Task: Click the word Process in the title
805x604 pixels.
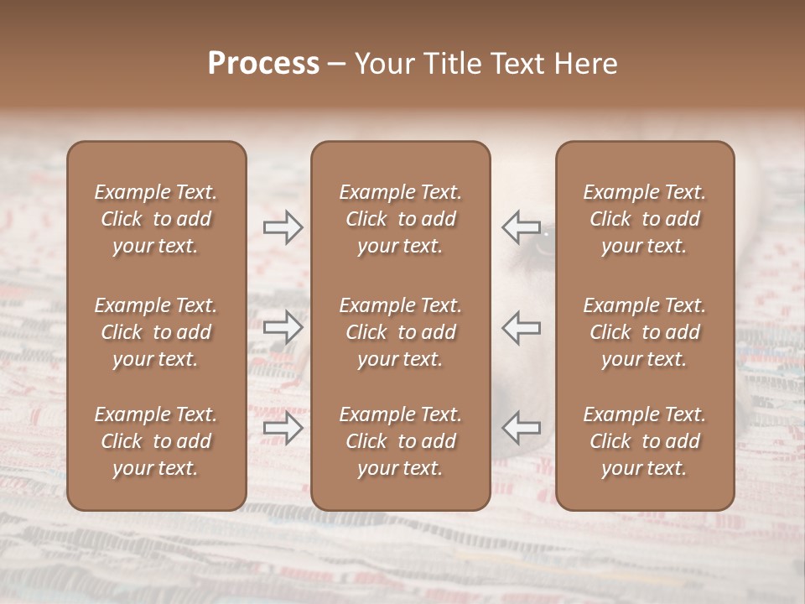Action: (x=263, y=64)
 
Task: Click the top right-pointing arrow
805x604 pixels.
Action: (x=283, y=227)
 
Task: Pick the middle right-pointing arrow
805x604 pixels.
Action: (x=283, y=327)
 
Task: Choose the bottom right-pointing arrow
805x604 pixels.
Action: (x=283, y=428)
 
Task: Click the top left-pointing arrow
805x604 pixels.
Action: (x=521, y=227)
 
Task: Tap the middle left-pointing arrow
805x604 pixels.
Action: (x=521, y=327)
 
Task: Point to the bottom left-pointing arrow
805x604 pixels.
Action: (x=521, y=428)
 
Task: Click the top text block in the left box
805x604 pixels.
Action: (x=156, y=219)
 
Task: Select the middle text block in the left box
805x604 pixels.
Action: (x=156, y=332)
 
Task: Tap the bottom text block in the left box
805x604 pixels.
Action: (x=156, y=441)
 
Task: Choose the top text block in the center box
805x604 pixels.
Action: (x=400, y=219)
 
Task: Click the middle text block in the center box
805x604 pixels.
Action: (x=400, y=332)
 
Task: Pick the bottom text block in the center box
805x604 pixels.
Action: (x=400, y=441)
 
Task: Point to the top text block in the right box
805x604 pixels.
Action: (x=644, y=219)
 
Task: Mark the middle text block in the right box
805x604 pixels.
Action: (x=644, y=332)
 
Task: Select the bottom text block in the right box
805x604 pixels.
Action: (x=644, y=441)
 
